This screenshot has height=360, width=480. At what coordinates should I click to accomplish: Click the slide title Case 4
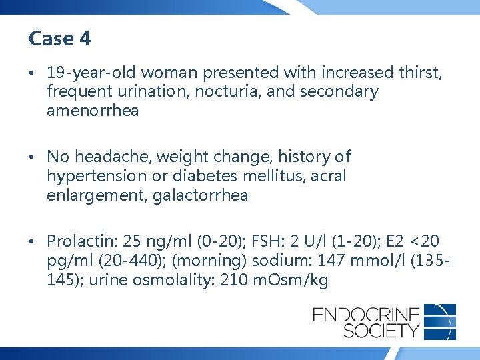(x=59, y=39)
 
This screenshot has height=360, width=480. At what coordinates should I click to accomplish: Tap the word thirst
(x=419, y=73)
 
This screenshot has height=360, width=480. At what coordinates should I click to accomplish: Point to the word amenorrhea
(x=93, y=110)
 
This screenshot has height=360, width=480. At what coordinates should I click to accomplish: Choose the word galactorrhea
(x=201, y=195)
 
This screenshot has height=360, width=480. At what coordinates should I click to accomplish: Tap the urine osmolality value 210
(x=233, y=280)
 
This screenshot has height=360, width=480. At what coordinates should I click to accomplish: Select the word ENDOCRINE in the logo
(x=366, y=313)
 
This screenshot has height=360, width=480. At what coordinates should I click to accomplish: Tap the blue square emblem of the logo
(x=440, y=321)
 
